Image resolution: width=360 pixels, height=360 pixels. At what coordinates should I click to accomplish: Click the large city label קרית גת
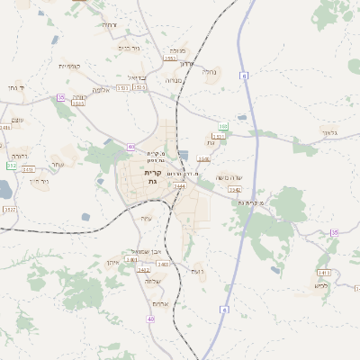153,177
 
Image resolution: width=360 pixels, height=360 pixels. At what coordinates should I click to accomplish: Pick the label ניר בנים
130,48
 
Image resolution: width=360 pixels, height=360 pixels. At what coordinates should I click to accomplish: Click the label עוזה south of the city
147,218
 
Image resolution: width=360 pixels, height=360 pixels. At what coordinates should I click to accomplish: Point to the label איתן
113,262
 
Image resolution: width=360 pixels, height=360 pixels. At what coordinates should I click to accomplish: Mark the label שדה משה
229,177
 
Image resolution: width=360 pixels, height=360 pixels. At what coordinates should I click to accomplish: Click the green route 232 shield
11,166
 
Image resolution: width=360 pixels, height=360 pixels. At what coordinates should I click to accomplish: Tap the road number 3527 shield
10,210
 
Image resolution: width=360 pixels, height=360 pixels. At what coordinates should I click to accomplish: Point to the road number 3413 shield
324,272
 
